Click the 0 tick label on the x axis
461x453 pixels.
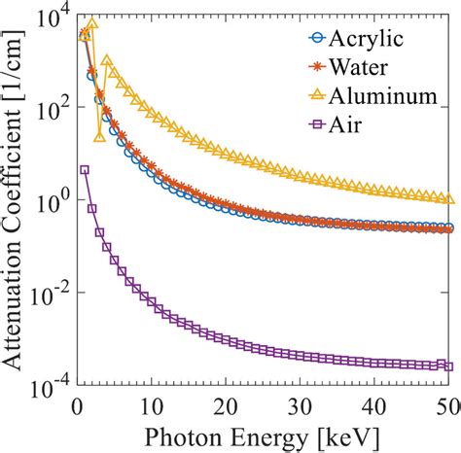pos(76,403)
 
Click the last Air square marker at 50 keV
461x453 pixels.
pos(448,366)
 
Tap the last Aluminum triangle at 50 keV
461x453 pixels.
pos(448,198)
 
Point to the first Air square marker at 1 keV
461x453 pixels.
pos(85,169)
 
